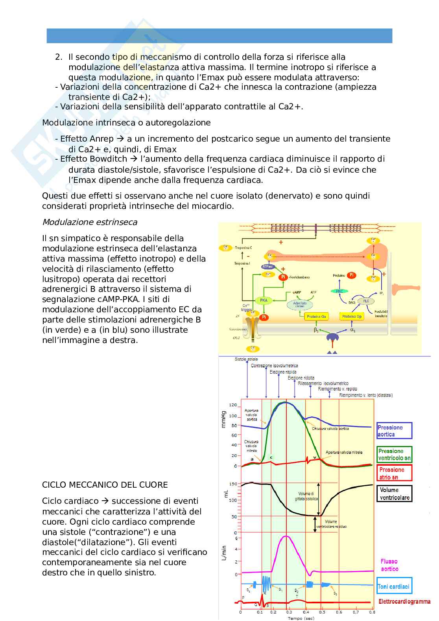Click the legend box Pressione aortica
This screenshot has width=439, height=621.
[x=394, y=431]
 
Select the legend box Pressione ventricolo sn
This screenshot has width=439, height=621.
[x=394, y=454]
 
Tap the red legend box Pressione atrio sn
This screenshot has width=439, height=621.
[x=394, y=473]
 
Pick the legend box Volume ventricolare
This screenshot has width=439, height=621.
[x=394, y=494]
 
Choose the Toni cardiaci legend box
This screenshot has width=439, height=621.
[x=394, y=586]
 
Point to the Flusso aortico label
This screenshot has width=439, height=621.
[x=389, y=565]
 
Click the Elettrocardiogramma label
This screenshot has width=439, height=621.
[x=404, y=601]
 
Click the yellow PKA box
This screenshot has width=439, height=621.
[x=264, y=300]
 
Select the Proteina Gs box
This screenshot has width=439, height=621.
[x=317, y=316]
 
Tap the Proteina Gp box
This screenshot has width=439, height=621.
[x=352, y=316]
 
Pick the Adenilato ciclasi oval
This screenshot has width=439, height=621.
[x=300, y=304]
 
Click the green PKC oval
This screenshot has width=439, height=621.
[x=339, y=291]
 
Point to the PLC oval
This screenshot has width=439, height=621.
[x=366, y=301]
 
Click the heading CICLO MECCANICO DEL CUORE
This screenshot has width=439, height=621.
[x=105, y=485]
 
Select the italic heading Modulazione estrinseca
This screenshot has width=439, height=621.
[x=90, y=222]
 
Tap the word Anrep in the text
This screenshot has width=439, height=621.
[x=102, y=139]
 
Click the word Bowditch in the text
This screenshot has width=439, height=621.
[x=108, y=159]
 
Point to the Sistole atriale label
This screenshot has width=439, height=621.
[x=246, y=359]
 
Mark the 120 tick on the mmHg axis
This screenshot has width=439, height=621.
[x=233, y=405]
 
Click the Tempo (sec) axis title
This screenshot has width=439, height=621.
[x=301, y=618]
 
